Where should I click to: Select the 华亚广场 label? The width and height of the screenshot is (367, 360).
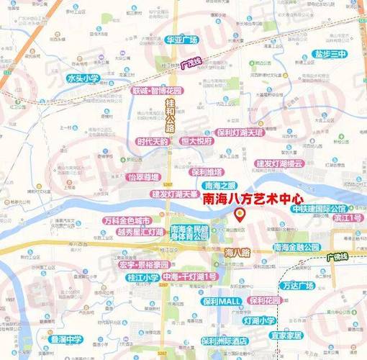coord(181,39)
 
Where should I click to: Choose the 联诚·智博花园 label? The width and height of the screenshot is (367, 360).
coord(158,91)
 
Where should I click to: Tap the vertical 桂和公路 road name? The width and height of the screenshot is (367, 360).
coord(171,114)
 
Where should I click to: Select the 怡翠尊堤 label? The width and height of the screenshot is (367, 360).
coord(142,176)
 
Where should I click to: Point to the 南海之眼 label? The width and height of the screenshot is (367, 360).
coord(219,186)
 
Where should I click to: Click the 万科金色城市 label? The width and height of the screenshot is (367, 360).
coord(127,220)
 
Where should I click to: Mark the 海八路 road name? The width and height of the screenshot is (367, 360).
coord(237,253)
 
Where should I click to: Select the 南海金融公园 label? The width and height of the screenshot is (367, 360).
coord(296,247)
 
